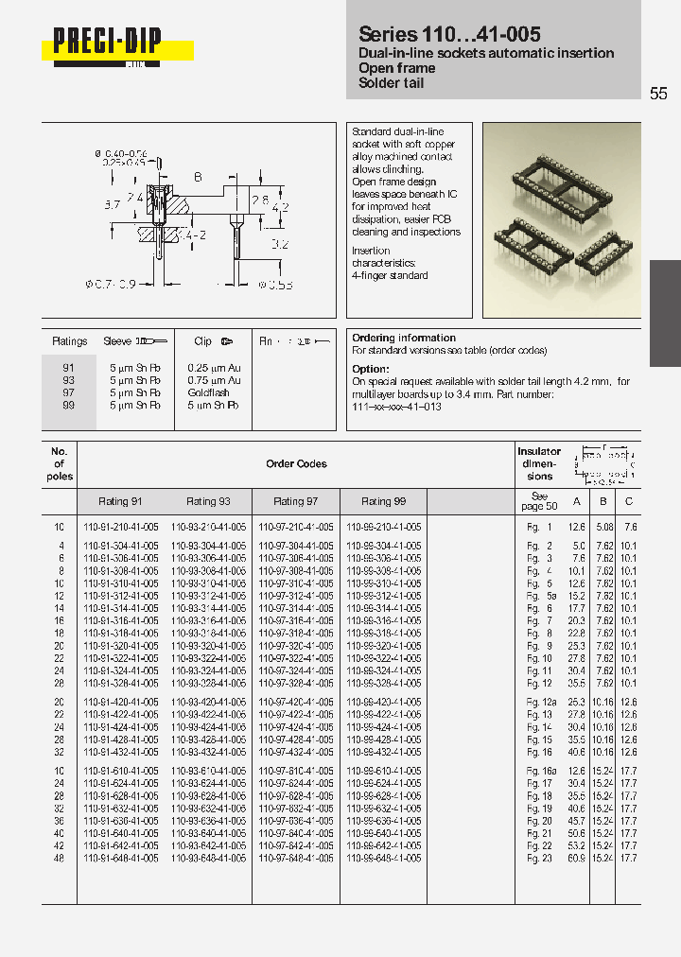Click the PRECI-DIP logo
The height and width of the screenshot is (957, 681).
[x=107, y=43]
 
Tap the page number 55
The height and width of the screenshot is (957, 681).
[x=658, y=94]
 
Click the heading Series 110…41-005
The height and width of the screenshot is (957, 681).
[x=449, y=34]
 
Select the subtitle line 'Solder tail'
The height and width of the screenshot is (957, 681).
[x=392, y=84]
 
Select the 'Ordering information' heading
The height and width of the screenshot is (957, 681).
[x=404, y=338]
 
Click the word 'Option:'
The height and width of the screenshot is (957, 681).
[x=370, y=369]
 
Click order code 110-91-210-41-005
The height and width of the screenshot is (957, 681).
[x=122, y=527]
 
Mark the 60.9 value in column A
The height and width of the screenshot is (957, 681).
[x=576, y=858]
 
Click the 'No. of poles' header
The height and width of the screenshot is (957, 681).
[x=59, y=463]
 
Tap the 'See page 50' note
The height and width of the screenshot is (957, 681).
[x=539, y=501]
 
